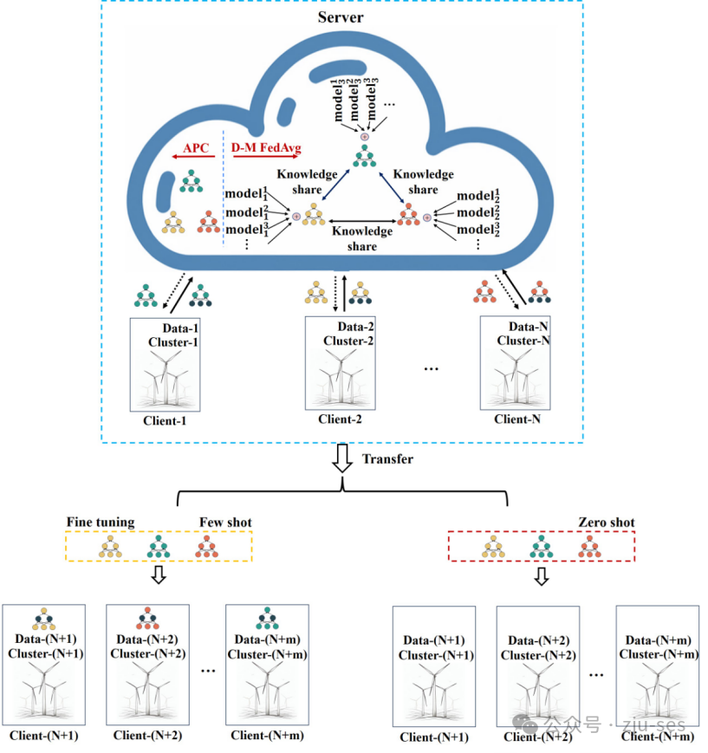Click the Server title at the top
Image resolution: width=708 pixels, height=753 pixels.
341,17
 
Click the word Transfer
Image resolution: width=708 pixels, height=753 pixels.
387,458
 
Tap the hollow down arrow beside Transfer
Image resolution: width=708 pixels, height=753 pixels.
343,459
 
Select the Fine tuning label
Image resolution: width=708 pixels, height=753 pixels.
101,522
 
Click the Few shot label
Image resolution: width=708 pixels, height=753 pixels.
224,522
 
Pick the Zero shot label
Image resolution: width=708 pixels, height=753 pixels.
606,522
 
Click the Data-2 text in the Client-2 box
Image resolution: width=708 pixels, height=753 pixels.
354,327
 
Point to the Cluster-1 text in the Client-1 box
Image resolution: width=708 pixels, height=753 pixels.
172,342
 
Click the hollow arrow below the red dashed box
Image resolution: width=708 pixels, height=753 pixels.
542,577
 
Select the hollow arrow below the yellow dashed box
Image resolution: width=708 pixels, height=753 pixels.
159,577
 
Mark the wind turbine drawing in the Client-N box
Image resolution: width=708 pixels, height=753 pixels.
516,379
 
